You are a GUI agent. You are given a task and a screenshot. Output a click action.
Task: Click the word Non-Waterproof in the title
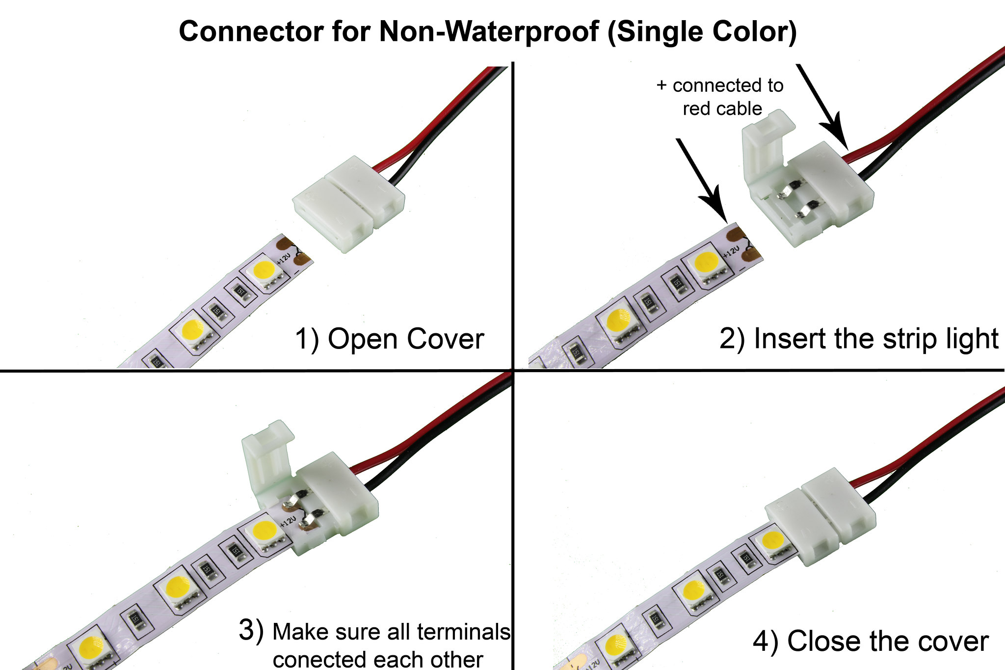point(488,32)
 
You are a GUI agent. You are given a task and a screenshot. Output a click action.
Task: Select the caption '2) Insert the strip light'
point(859,339)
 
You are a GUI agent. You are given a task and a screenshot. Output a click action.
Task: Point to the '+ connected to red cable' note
point(720,97)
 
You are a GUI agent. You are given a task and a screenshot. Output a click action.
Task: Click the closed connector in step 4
point(820,523)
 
